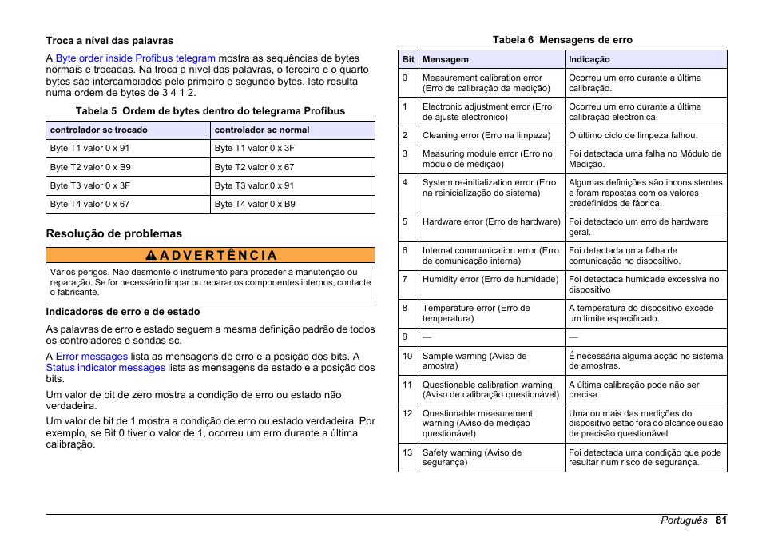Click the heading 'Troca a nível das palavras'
tap(109, 40)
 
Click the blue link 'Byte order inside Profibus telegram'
tap(136, 58)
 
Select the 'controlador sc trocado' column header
tap(98, 130)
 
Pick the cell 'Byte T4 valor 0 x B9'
tap(255, 204)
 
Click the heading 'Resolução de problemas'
tap(113, 233)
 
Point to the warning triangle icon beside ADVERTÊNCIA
tap(150, 256)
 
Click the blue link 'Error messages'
tap(92, 357)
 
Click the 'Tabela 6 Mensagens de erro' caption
tap(562, 40)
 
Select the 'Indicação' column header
tap(589, 59)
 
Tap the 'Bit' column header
tap(408, 59)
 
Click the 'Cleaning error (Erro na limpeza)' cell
tap(486, 135)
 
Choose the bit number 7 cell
tap(406, 279)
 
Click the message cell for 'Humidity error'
tap(490, 279)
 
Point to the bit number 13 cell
tap(407, 452)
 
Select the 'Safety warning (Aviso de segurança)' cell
tap(471, 457)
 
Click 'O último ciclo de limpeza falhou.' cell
tap(633, 135)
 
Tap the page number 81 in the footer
tap(720, 520)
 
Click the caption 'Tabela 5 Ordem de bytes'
tap(210, 111)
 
